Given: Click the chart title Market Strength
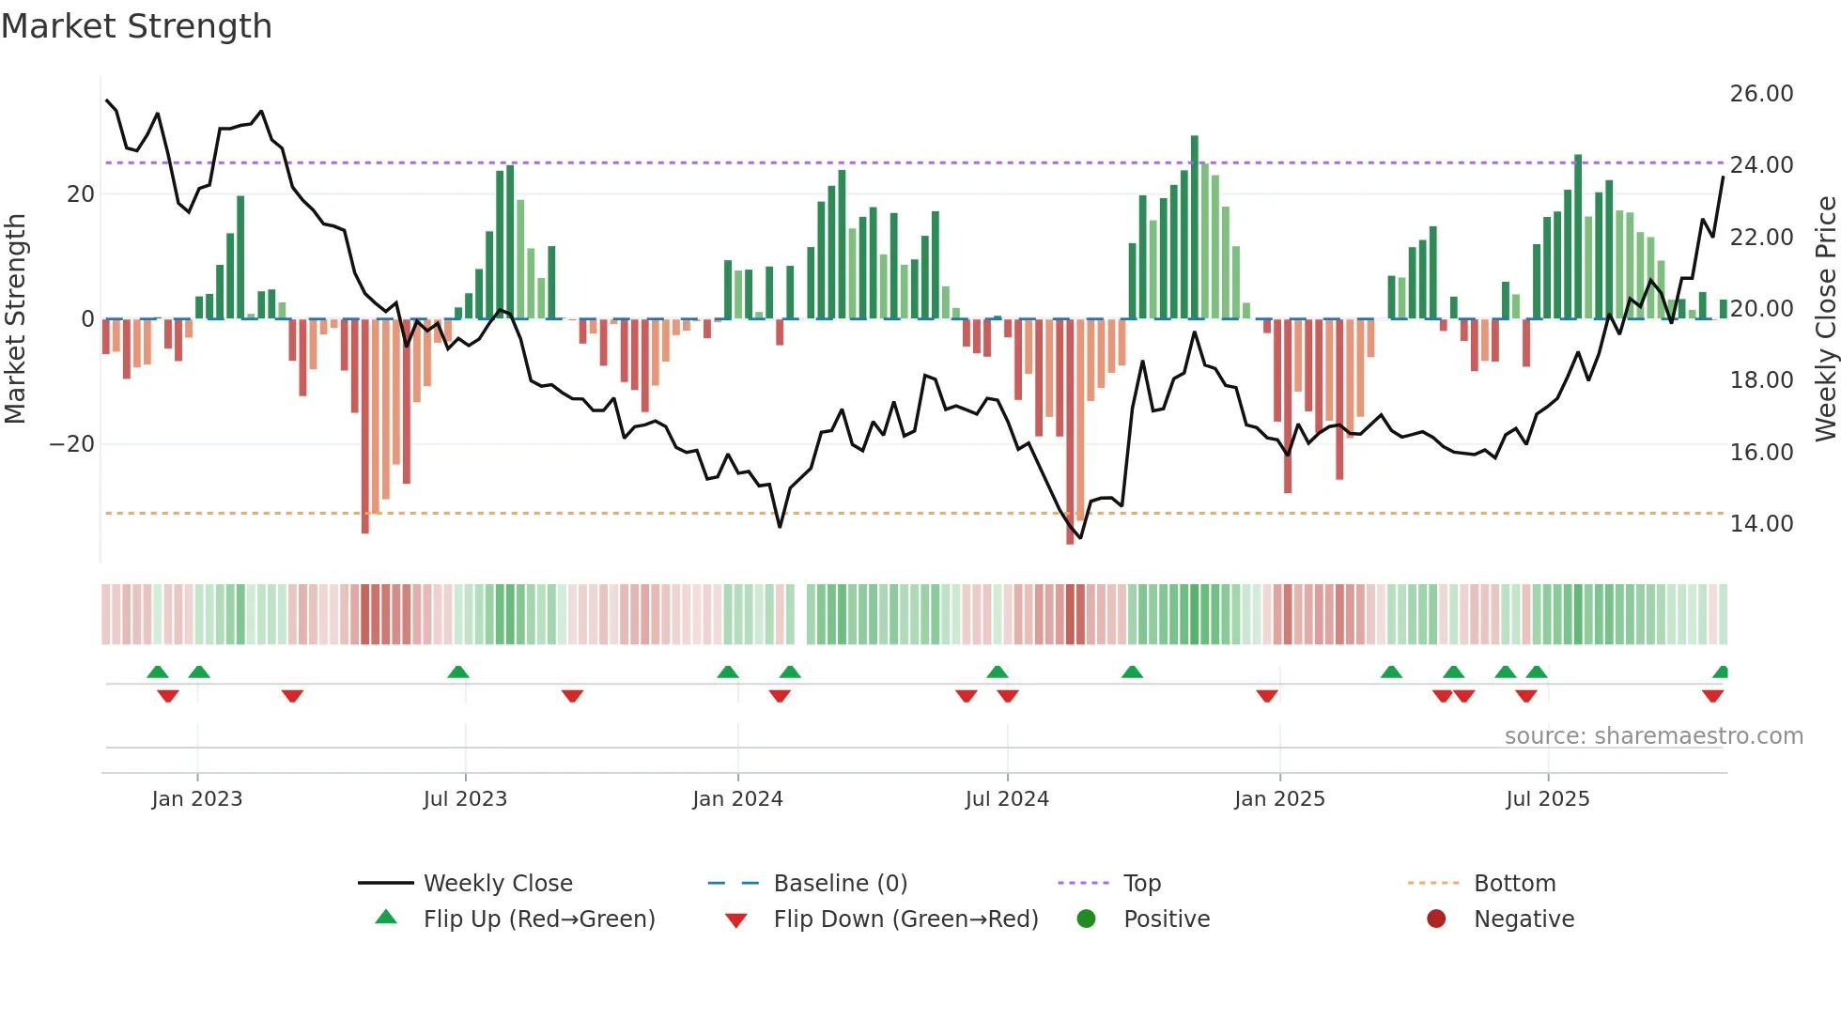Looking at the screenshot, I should (x=137, y=26).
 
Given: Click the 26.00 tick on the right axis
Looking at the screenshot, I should (x=1761, y=94).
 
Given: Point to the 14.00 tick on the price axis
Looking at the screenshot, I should (x=1761, y=524).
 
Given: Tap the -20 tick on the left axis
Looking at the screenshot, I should (x=73, y=444).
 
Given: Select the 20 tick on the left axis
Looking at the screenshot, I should (x=81, y=194).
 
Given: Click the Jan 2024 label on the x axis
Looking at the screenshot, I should (x=737, y=799).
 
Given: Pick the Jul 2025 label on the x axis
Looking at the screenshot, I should (x=1547, y=799).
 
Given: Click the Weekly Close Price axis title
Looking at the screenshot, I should (x=1825, y=319).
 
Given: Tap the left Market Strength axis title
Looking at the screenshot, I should (x=16, y=319).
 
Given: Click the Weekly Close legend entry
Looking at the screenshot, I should (x=497, y=884).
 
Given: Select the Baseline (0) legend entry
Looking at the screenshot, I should (x=840, y=884).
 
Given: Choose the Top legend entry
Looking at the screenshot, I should (x=1141, y=884).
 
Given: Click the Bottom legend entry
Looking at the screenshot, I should (x=1514, y=884).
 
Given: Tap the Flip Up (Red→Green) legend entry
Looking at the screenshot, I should (x=538, y=919).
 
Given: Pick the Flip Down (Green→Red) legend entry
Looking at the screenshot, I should (x=905, y=919).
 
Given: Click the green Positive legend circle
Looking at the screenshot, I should (x=1087, y=919).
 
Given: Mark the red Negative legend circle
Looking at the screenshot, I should (x=1436, y=919).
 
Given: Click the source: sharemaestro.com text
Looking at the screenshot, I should (x=1653, y=736).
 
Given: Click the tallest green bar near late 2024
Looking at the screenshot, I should (x=1195, y=225).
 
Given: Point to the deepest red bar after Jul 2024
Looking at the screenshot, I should (x=1070, y=432).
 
